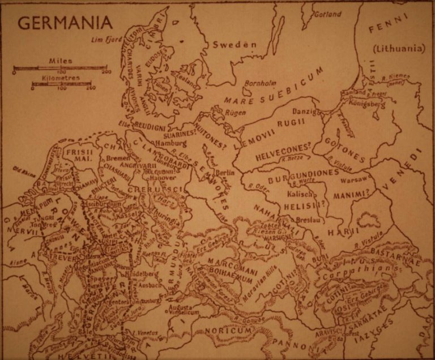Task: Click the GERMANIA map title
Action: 65,23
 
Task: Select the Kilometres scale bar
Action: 61,84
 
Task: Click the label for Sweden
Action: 234,45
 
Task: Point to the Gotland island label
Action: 329,14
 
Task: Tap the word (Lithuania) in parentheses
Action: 399,49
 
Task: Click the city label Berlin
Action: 225,173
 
